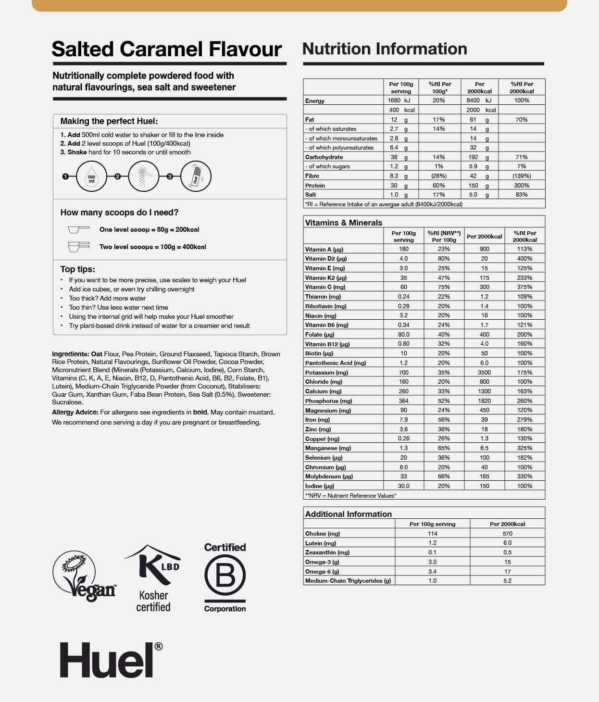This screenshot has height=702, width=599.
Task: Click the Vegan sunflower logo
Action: coord(84,576)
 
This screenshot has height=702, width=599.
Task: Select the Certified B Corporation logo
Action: coord(225,577)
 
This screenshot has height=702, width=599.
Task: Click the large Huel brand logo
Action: coord(111,660)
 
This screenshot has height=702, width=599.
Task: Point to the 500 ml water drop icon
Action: coord(91,176)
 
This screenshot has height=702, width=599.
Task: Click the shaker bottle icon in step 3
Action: coord(196,176)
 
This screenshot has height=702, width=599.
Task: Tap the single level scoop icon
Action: coord(78,229)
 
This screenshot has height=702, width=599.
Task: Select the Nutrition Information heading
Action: coord(385,49)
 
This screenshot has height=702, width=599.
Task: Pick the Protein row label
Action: coord(315,186)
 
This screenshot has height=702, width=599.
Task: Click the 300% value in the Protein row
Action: coord(521,186)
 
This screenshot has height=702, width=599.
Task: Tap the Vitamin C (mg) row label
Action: coord(325,287)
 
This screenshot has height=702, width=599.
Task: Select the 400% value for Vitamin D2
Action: coord(524,259)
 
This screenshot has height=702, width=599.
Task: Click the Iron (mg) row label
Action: coord(317,420)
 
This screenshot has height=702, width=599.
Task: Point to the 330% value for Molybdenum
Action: coord(524,476)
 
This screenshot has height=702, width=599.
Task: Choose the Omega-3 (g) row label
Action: coord(322,562)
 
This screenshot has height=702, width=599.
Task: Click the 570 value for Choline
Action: coord(507,534)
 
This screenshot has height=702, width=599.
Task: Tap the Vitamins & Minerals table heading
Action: coord(343,223)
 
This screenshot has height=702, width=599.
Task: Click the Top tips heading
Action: coord(77,269)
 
